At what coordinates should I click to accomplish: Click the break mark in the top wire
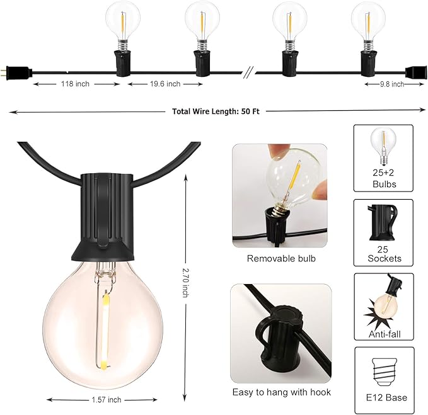248,72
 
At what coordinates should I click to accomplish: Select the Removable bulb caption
281,258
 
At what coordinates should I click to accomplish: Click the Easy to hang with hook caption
281,392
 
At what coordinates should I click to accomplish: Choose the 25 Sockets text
383,254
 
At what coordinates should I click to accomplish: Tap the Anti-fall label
383,334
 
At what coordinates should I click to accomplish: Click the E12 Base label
385,397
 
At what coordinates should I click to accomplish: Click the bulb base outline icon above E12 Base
383,370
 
